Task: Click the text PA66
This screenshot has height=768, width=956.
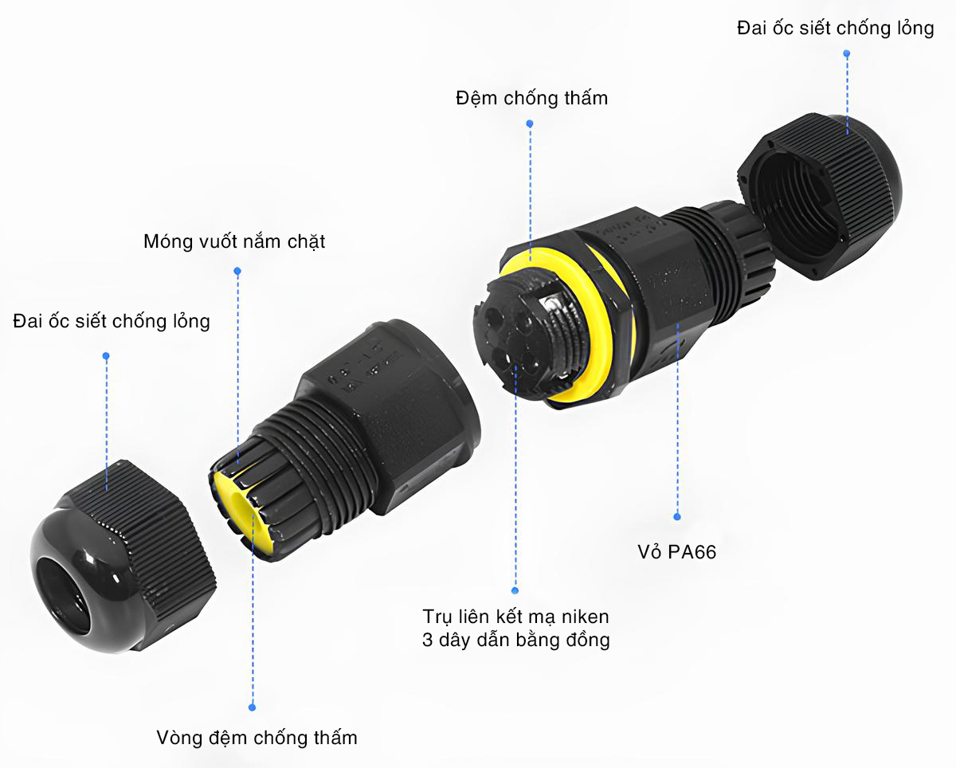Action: click(692, 552)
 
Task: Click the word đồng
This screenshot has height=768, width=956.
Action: click(587, 640)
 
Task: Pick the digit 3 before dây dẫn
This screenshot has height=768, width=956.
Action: click(427, 640)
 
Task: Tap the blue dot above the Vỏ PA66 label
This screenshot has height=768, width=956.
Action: click(677, 516)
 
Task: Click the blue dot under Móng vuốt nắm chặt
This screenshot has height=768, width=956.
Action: click(237, 271)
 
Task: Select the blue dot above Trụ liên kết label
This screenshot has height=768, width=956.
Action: click(515, 591)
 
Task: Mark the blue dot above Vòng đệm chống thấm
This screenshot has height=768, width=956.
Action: click(253, 707)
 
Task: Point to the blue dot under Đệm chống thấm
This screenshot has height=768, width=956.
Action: click(530, 124)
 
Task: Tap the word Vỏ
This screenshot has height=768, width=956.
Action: click(650, 552)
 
